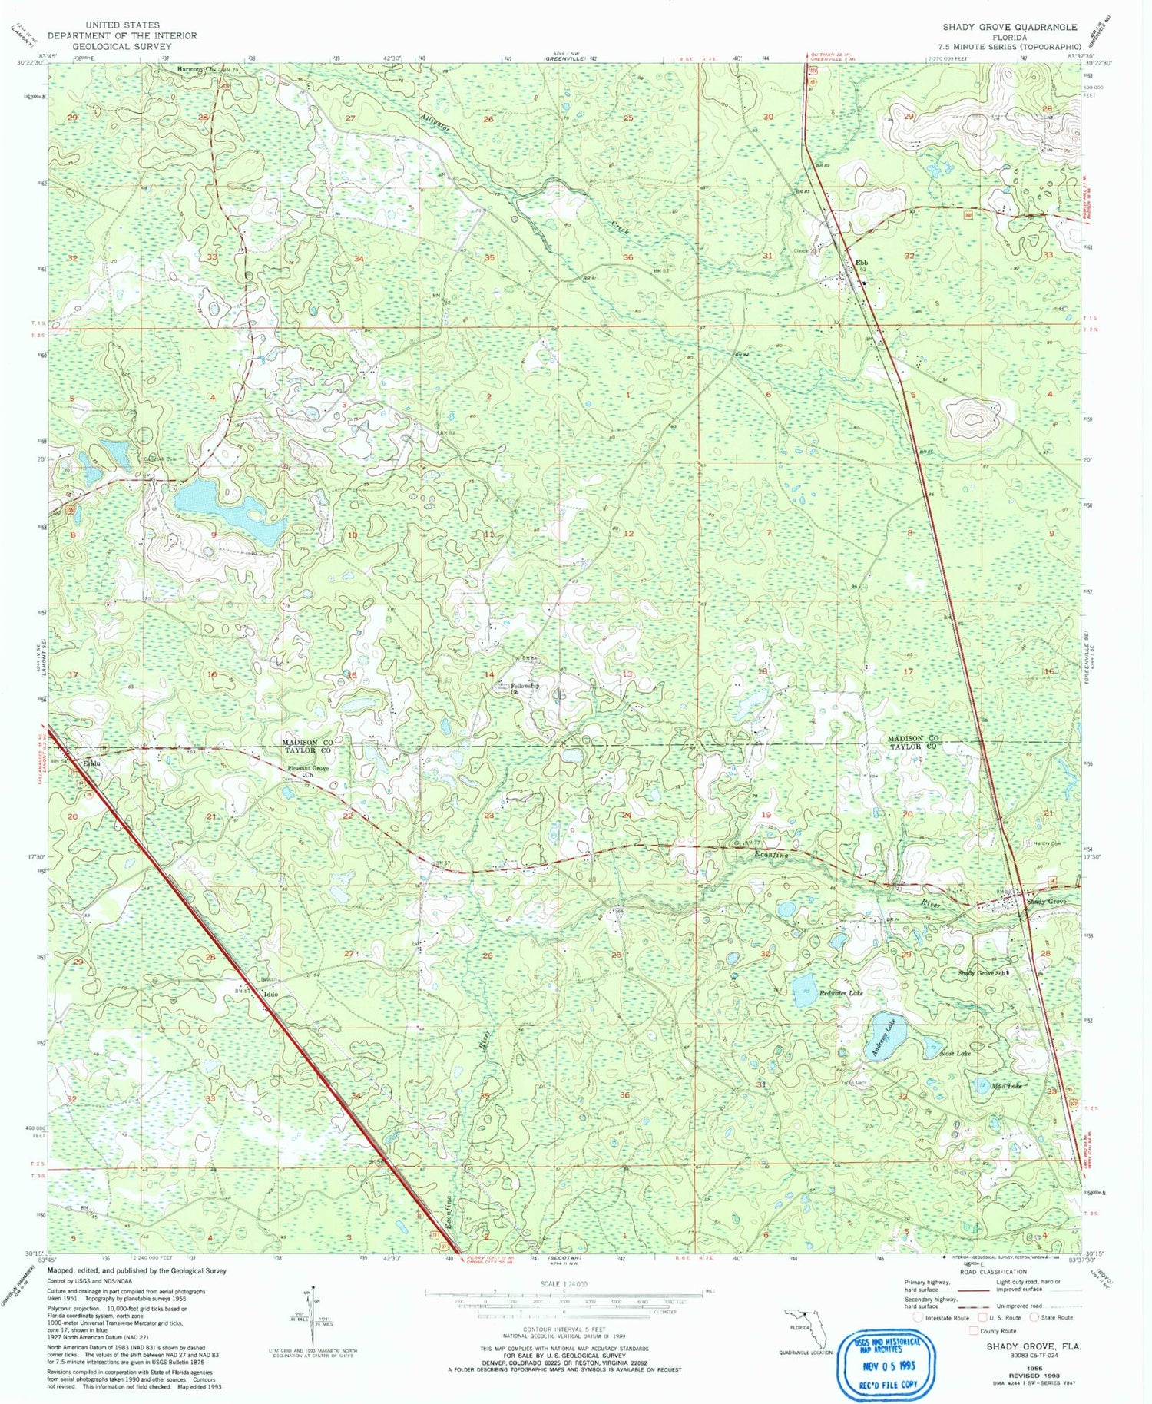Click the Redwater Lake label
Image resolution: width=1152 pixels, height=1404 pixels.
[841, 993]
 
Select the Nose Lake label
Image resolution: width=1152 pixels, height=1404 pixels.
[955, 1054]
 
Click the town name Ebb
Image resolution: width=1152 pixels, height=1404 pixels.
[862, 262]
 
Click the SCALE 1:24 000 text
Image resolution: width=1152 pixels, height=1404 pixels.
[564, 1283]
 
